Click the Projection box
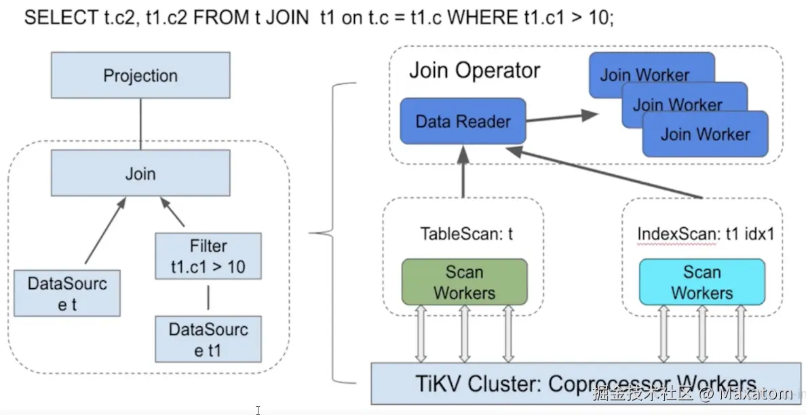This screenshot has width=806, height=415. click(x=140, y=75)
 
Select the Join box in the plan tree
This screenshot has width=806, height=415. click(x=140, y=174)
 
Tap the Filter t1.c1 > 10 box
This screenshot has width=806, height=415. click(x=208, y=256)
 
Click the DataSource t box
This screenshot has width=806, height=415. click(x=67, y=293)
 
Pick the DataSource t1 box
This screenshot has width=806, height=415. click(x=208, y=339)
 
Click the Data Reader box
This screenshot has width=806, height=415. click(x=463, y=121)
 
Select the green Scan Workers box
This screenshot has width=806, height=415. click(x=464, y=282)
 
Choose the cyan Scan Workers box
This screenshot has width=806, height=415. click(x=702, y=282)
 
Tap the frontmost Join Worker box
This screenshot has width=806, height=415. click(x=706, y=134)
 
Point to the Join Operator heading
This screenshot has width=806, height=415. click(x=474, y=71)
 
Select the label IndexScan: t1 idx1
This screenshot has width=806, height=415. click(x=706, y=234)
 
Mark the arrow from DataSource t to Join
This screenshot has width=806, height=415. click(x=104, y=231)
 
